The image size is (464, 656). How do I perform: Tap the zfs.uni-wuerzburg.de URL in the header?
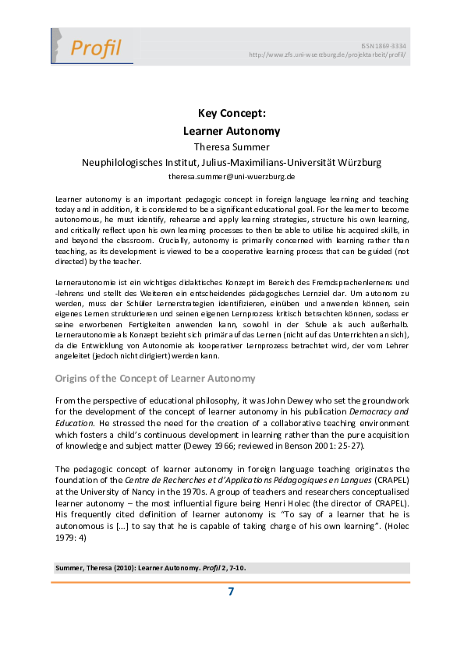327,55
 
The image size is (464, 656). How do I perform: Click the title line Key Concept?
232,114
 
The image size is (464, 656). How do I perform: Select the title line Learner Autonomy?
232,131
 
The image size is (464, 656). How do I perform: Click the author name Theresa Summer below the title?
232,146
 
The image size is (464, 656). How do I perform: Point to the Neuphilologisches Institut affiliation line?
232,163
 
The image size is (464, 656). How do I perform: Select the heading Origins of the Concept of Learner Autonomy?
154,379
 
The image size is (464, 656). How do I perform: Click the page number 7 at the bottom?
231,592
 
